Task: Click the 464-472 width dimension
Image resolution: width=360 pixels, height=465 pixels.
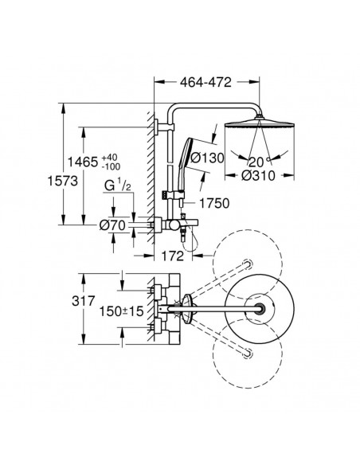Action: (205, 82)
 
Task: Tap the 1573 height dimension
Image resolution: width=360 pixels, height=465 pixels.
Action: (63, 181)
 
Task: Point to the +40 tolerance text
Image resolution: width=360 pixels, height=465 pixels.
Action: (109, 157)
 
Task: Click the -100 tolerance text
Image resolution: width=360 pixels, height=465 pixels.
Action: (111, 166)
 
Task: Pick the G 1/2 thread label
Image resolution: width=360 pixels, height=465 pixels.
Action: (117, 186)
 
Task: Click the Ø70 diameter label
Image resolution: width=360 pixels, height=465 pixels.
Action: (112, 225)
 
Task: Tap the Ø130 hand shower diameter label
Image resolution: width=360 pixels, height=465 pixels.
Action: (207, 158)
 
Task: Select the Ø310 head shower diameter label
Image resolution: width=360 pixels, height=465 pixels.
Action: (258, 175)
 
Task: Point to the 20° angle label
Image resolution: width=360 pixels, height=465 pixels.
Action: (259, 162)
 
